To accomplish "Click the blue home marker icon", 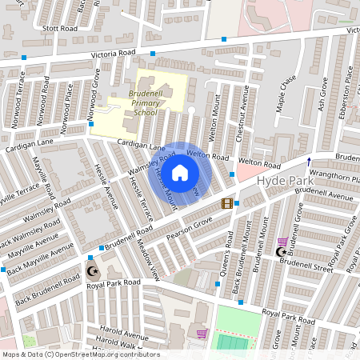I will click(x=180, y=172).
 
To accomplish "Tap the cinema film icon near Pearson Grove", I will click(x=227, y=203).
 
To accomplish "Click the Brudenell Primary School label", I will click(x=134, y=103).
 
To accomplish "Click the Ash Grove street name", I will click(x=323, y=94).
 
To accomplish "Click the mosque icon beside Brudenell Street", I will click(x=280, y=252).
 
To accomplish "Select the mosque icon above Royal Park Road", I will click(x=90, y=270).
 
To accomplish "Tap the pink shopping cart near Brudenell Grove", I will click(x=282, y=241).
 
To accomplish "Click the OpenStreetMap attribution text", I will click(x=80, y=354).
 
